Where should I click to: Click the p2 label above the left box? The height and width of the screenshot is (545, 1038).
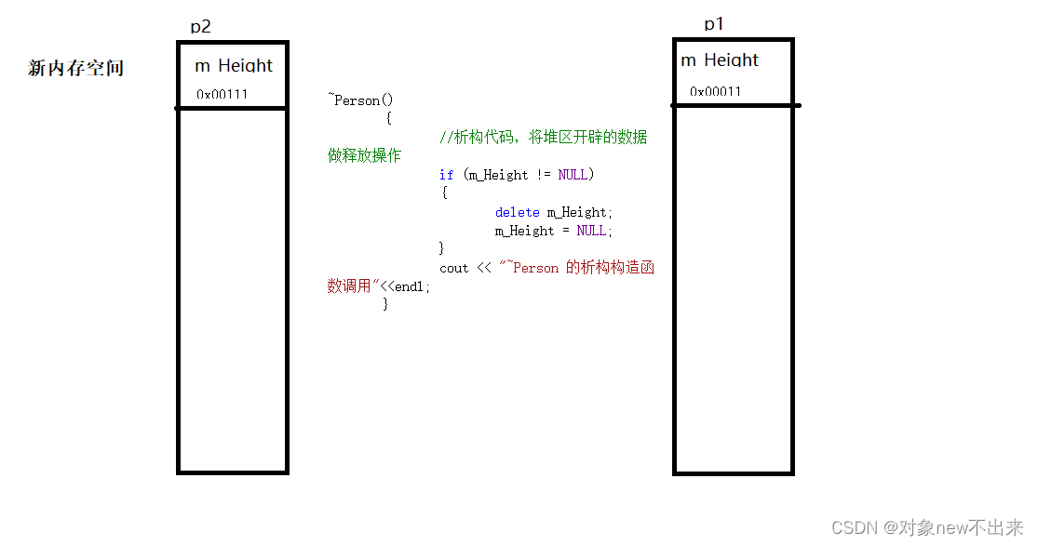pos(200,27)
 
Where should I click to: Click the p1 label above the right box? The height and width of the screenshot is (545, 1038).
pos(714,24)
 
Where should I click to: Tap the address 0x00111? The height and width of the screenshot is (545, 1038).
pos(222,95)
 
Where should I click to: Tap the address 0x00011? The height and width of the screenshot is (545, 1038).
pos(715,92)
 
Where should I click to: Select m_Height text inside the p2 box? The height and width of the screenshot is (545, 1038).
pos(234,65)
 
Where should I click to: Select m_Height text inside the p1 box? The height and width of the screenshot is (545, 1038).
pos(720,60)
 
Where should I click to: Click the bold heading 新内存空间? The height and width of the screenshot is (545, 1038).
pos(76,68)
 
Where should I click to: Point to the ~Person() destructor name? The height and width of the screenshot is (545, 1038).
pos(361,100)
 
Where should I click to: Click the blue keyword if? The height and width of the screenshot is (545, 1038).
pos(446,175)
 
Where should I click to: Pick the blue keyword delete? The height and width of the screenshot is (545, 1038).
pos(517,212)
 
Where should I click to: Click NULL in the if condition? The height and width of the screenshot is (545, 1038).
pos(573,175)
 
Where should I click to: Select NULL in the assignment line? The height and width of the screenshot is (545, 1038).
pos(591,231)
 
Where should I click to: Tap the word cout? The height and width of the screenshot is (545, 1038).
pos(453,269)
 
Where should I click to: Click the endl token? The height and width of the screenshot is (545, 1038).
pos(409,286)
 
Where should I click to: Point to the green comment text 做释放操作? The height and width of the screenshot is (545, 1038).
pos(364,155)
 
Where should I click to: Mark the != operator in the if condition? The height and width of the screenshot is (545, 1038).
pos(544,175)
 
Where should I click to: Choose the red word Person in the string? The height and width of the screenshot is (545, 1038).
pos(535,268)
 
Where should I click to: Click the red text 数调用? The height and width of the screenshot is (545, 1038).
pos(349,286)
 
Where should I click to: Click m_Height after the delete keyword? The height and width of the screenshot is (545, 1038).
pos(576,212)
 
